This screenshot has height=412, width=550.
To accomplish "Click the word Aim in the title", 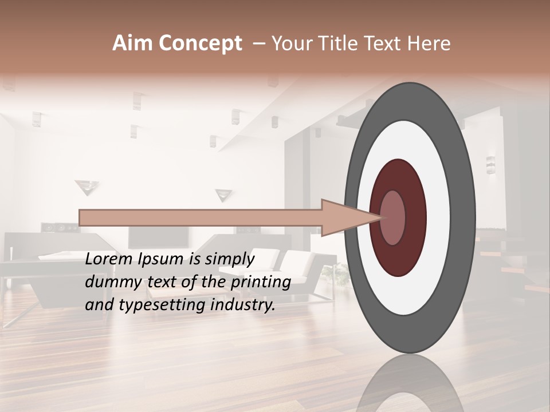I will [127, 43].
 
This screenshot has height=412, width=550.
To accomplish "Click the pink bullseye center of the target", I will [393, 217].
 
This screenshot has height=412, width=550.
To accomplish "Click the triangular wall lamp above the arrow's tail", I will [87, 187].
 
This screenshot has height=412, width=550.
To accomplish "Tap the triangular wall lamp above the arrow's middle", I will [223, 195].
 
